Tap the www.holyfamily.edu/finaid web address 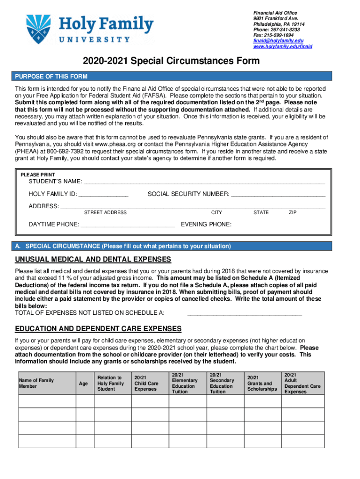[x=282, y=46]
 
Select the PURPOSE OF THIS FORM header [x=51, y=77]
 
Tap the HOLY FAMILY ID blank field [x=103, y=194]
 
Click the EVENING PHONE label [x=206, y=225]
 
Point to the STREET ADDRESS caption [x=105, y=212]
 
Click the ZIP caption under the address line [x=293, y=212]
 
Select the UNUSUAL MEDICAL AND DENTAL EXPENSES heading [x=93, y=260]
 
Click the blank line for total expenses [x=244, y=313]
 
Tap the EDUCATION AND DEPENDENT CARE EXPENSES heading [x=98, y=328]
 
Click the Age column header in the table [x=83, y=384]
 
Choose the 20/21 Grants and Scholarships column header [x=262, y=383]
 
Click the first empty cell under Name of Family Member [x=47, y=401]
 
